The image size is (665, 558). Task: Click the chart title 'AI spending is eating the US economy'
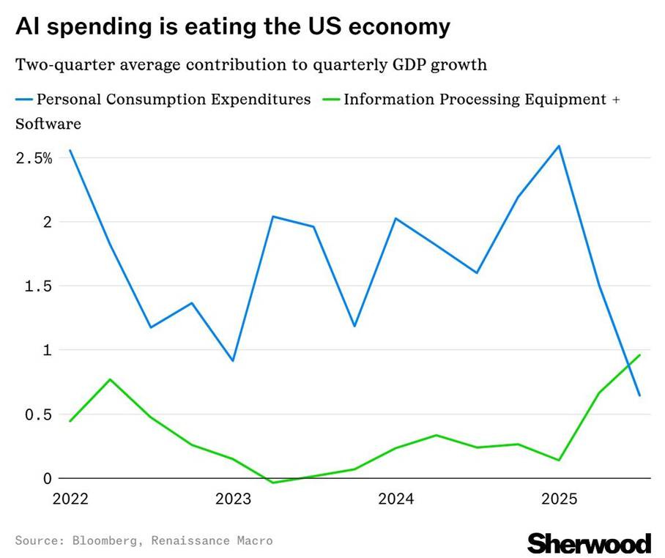point(233,27)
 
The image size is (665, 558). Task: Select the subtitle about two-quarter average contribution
point(251,64)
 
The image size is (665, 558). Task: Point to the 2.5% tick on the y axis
point(34,158)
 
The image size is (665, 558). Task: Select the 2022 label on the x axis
point(70,499)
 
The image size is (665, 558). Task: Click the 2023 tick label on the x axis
point(233,499)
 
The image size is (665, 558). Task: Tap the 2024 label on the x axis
point(395,499)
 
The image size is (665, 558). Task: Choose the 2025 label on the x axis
point(559,499)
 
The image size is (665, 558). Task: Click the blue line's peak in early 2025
point(559,146)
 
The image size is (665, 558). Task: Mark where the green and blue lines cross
point(628,364)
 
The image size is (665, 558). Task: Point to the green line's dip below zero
point(273,483)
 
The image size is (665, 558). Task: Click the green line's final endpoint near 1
point(640,355)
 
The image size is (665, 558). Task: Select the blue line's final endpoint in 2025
point(640,395)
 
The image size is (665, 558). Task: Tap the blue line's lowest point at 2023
point(233,361)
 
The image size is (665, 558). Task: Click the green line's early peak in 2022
point(111,379)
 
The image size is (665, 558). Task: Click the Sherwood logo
point(589,543)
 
